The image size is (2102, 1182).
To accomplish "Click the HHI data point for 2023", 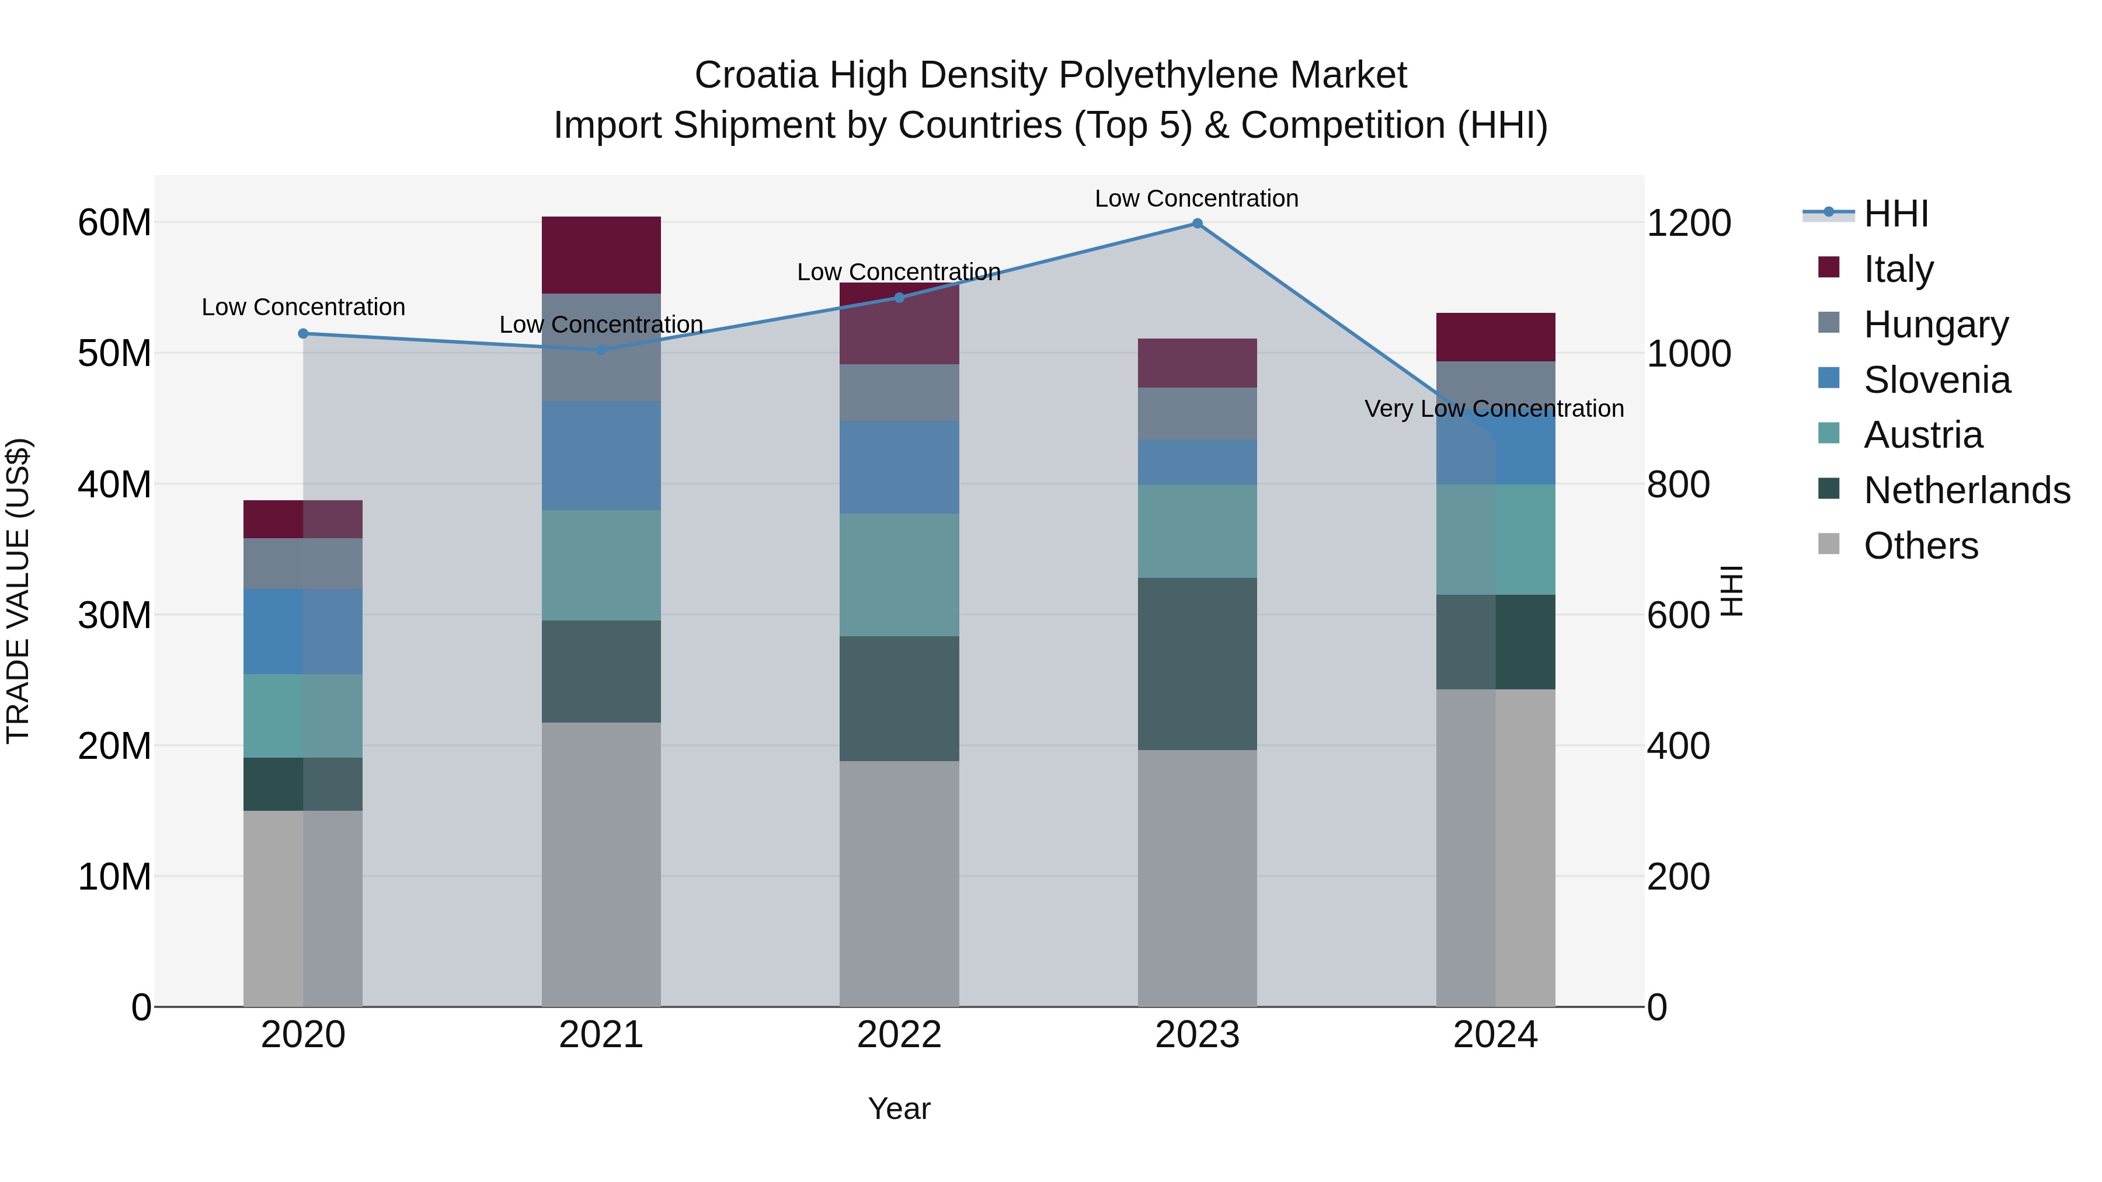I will click(x=1197, y=224).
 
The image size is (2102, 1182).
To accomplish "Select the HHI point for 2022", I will click(x=899, y=298).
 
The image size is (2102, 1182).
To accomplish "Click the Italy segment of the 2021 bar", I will click(x=601, y=255).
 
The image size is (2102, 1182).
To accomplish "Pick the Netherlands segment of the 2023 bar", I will click(x=1197, y=664).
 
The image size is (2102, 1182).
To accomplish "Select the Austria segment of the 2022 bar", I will click(x=899, y=575).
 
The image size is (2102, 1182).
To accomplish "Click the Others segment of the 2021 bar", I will click(x=601, y=864).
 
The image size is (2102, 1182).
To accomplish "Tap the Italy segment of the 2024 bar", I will click(x=1496, y=337).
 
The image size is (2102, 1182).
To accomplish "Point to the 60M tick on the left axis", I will click(x=114, y=223).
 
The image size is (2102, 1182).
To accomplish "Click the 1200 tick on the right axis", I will click(x=1688, y=224).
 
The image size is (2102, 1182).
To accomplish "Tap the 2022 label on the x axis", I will click(x=899, y=1035).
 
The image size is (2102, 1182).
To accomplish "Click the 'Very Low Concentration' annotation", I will click(x=1494, y=409).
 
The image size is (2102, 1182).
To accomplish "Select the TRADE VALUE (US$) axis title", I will click(x=18, y=591).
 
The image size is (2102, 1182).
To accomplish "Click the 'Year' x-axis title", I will click(x=899, y=1108).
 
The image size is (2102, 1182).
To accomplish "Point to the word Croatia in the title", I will click(x=756, y=75).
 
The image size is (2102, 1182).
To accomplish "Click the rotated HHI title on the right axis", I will click(x=1731, y=591).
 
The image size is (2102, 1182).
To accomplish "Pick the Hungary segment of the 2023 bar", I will click(x=1197, y=414).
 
